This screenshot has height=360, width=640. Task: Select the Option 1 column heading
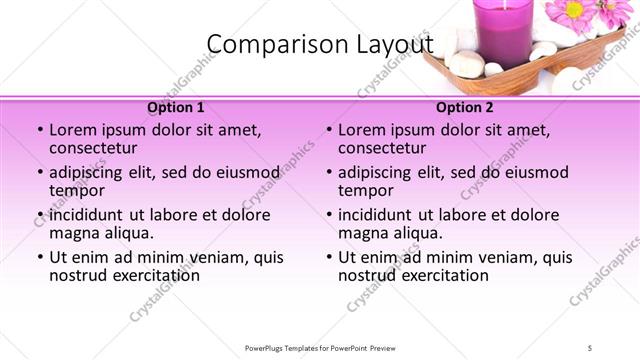176,107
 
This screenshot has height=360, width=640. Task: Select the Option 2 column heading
465,107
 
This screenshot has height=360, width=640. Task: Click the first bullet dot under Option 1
40,131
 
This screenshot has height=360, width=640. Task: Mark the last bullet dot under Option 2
329,257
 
